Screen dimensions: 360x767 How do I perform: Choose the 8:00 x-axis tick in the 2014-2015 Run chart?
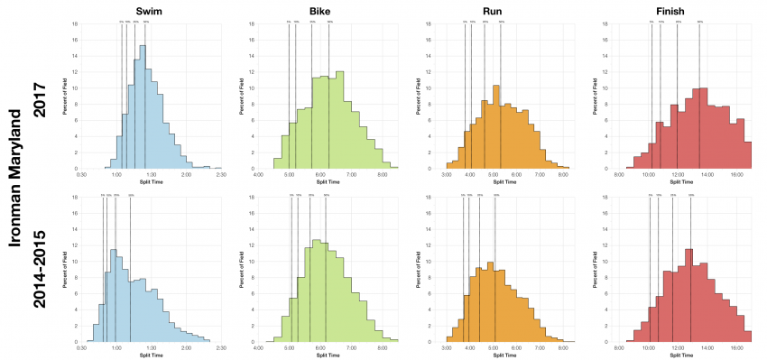[562, 347]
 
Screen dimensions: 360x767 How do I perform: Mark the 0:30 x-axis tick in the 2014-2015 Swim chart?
[82, 347]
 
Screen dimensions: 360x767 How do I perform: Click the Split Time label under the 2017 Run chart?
[506, 181]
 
